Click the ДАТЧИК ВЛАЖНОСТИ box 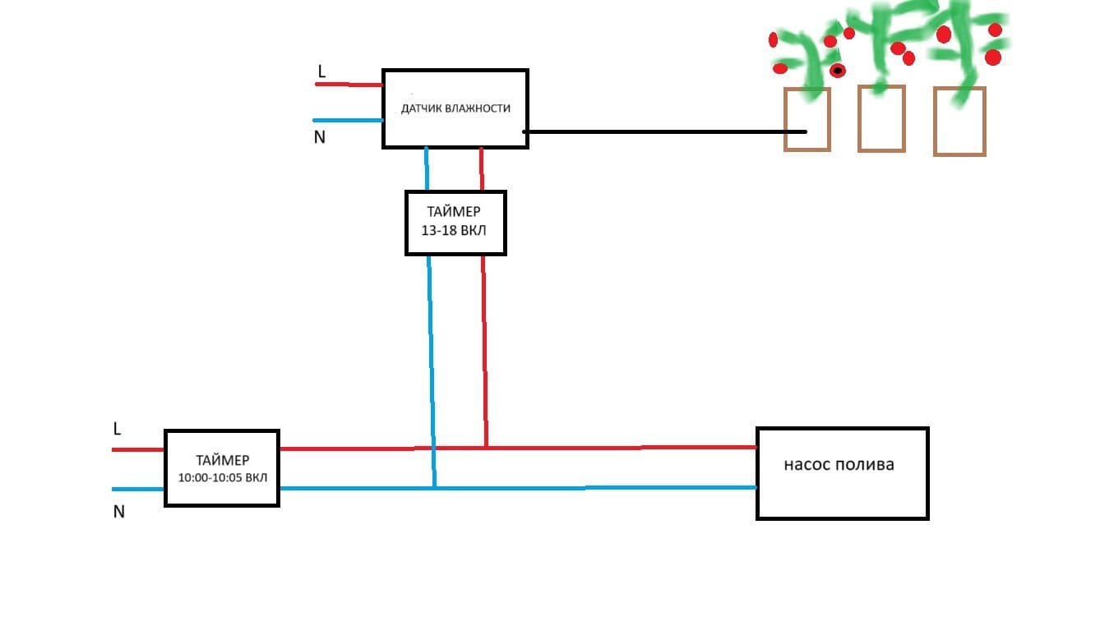pyautogui.click(x=455, y=108)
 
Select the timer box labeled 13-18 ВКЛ pyautogui.click(x=455, y=223)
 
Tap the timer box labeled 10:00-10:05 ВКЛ pyautogui.click(x=222, y=467)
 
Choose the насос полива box pyautogui.click(x=842, y=473)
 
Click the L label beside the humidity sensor pyautogui.click(x=321, y=72)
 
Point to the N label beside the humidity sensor pyautogui.click(x=320, y=137)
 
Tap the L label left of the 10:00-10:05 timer pyautogui.click(x=118, y=429)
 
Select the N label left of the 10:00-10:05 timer pyautogui.click(x=119, y=512)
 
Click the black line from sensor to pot pyautogui.click(x=658, y=131)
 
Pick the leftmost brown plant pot pyautogui.click(x=807, y=119)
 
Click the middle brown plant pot pyautogui.click(x=881, y=119)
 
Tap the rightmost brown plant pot pyautogui.click(x=959, y=121)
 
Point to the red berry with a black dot pyautogui.click(x=838, y=71)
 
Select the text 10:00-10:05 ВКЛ pyautogui.click(x=222, y=477)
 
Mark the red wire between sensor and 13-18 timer pyautogui.click(x=481, y=169)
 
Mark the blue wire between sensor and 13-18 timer pyautogui.click(x=427, y=169)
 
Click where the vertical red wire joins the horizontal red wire pyautogui.click(x=486, y=448)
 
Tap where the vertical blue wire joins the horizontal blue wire pyautogui.click(x=434, y=488)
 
